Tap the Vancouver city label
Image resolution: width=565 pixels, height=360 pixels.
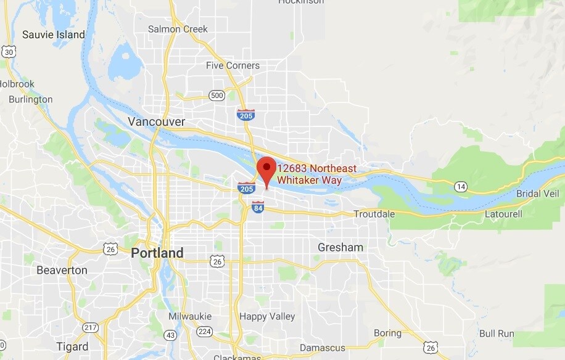click(x=156, y=121)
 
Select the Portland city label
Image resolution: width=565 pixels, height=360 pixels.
click(x=157, y=253)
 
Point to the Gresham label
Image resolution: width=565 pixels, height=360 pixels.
click(x=340, y=247)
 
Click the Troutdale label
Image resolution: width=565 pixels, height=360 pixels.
click(x=374, y=214)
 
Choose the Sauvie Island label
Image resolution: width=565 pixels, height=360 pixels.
click(x=54, y=35)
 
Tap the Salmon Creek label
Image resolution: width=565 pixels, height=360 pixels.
click(x=178, y=29)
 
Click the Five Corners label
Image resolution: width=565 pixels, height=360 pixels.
click(x=233, y=65)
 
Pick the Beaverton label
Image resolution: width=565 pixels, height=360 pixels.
click(x=62, y=270)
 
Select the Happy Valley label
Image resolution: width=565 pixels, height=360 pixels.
click(x=267, y=316)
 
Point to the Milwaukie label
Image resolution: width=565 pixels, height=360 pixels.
click(x=190, y=316)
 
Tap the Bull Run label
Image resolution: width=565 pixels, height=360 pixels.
click(x=497, y=333)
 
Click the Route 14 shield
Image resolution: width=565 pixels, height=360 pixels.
click(x=460, y=186)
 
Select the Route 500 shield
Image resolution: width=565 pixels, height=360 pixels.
click(x=217, y=95)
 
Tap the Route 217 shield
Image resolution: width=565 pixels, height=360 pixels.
click(x=91, y=327)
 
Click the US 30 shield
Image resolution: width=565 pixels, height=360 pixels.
click(x=8, y=52)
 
